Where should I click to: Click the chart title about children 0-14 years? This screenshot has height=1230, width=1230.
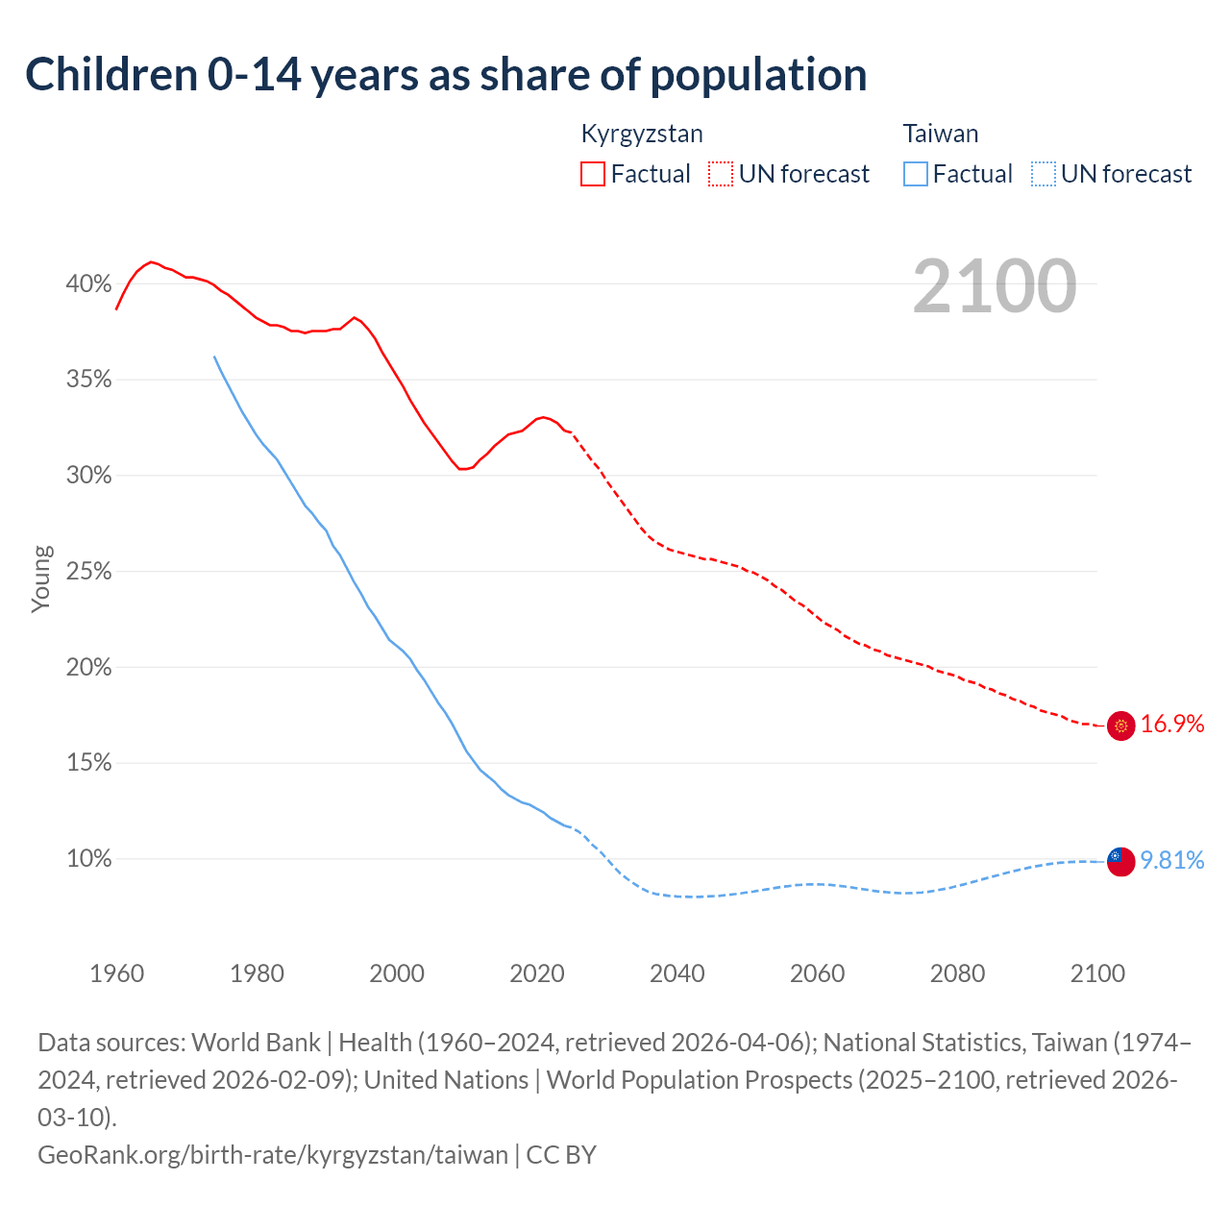[446, 75]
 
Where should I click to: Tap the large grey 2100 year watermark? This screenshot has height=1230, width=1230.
[994, 286]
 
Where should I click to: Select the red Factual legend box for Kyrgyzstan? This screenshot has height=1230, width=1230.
[593, 174]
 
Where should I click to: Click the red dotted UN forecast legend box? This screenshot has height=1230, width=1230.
[721, 174]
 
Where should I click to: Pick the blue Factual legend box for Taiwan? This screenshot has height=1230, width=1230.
[916, 174]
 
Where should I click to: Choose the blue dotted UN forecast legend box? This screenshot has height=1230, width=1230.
[1043, 174]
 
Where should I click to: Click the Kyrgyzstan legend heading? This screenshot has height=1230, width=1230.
[642, 134]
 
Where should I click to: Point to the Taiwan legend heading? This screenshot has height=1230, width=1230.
[940, 134]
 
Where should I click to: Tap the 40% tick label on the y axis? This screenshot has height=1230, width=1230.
[88, 283]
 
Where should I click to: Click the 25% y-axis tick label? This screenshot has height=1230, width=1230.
[88, 572]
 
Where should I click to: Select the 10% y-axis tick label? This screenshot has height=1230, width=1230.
[88, 859]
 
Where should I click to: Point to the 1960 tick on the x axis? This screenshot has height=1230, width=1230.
[116, 973]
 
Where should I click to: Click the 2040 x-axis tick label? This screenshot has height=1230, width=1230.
[676, 973]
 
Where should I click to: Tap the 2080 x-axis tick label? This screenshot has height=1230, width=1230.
[957, 973]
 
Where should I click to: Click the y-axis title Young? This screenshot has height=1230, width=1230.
[41, 578]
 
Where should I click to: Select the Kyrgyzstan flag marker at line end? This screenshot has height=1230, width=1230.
[1120, 726]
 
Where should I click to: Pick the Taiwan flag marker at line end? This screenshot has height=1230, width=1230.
[1120, 861]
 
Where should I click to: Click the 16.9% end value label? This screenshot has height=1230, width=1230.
[1172, 725]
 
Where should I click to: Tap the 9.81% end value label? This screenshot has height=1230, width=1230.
[1172, 860]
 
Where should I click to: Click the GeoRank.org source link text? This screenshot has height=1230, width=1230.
[273, 1154]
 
